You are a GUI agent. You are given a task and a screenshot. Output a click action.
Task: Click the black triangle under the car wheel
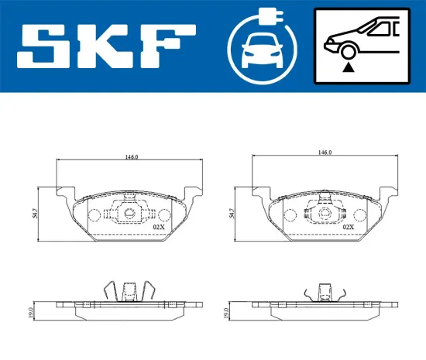(x=349, y=67)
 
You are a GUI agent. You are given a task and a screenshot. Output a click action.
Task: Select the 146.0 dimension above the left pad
(x=131, y=156)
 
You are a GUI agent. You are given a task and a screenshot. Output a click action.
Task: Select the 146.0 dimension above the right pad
(x=325, y=153)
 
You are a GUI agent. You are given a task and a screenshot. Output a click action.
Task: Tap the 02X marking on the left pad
(x=159, y=228)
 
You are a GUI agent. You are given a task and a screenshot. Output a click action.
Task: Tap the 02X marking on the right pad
(x=348, y=227)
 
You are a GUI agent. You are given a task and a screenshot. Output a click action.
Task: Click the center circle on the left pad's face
(x=129, y=213)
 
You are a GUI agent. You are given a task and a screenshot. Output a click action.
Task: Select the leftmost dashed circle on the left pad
(x=96, y=216)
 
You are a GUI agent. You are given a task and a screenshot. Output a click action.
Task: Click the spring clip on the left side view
(x=130, y=291)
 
